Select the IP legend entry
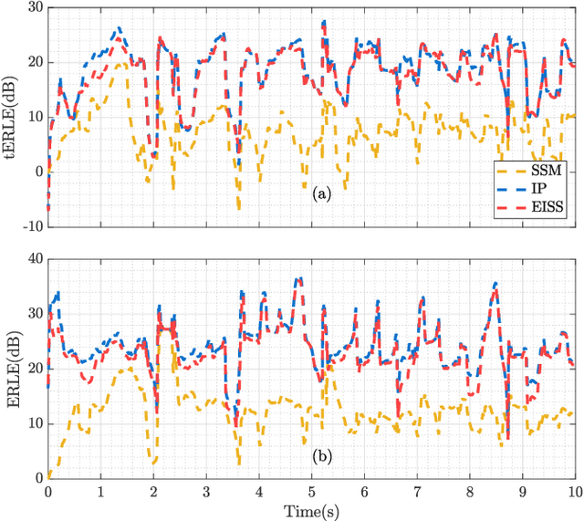(545, 189)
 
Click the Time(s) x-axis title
(311, 510)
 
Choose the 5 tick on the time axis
(311, 490)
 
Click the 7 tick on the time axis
(417, 490)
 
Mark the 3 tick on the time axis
(206, 490)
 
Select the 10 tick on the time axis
(573, 490)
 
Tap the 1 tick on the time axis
(101, 490)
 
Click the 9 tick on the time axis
(522, 490)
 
